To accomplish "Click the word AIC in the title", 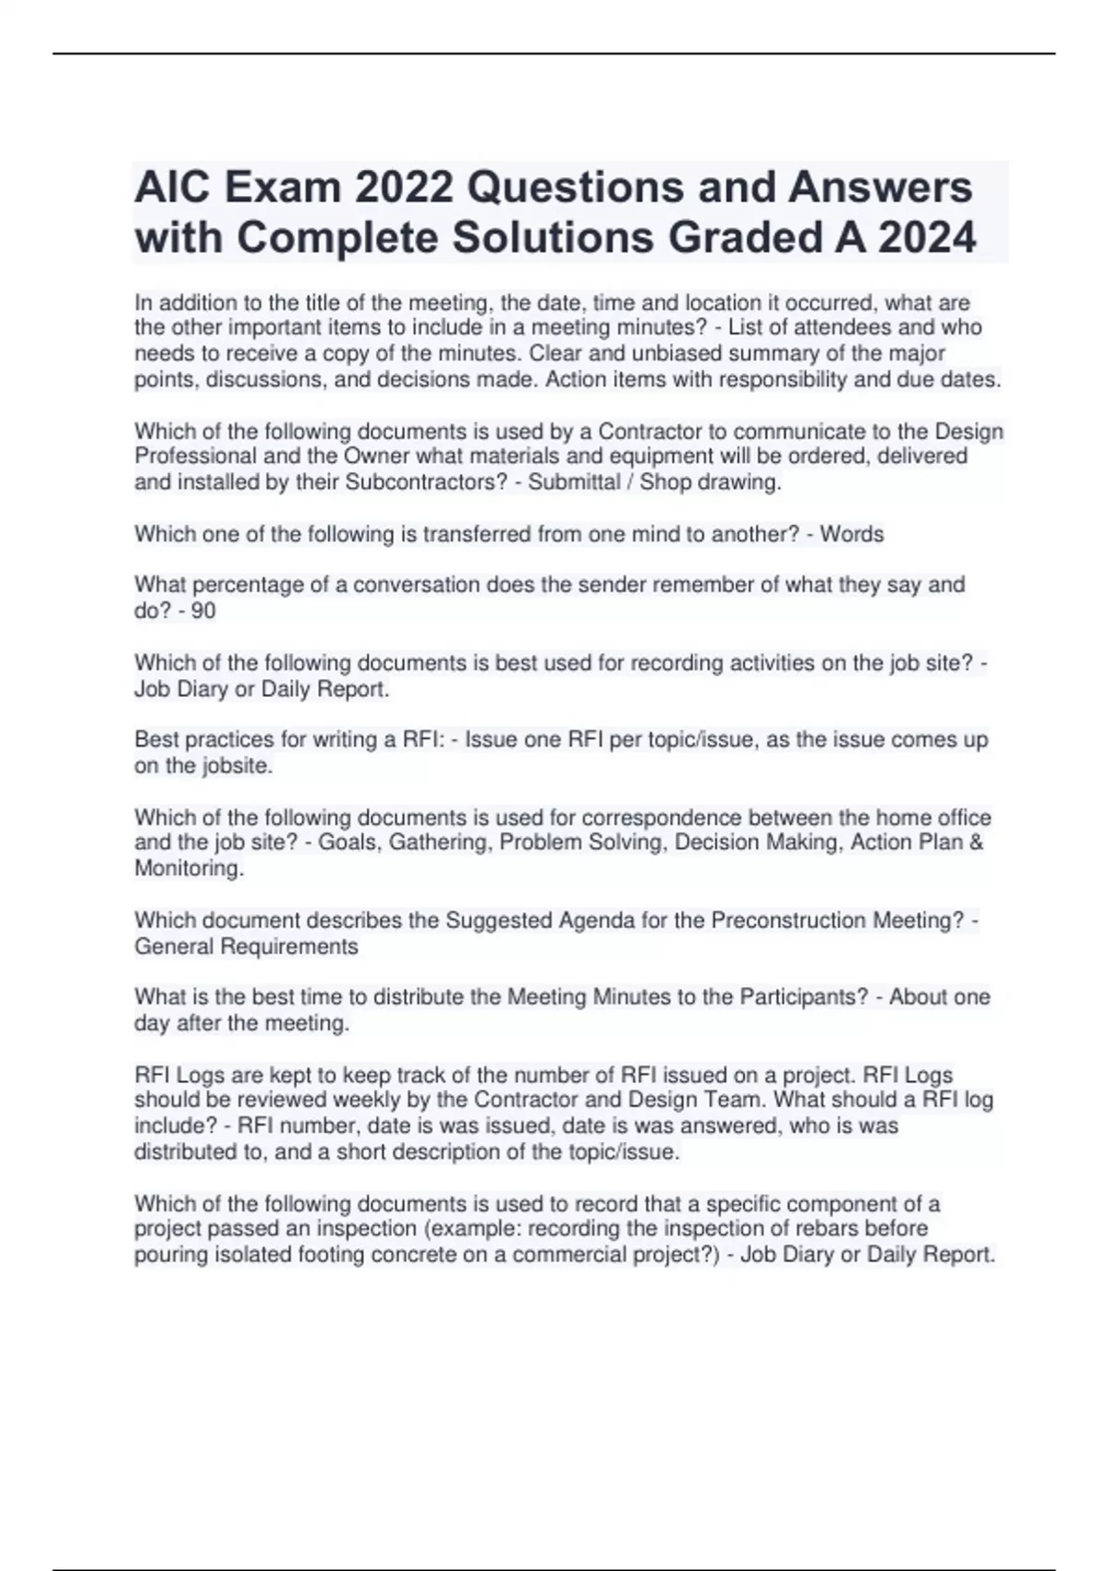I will click(x=173, y=188).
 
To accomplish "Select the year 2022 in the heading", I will click(x=403, y=188).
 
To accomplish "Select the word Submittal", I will click(x=574, y=482).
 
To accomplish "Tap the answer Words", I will click(x=852, y=534).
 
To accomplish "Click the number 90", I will click(x=203, y=611).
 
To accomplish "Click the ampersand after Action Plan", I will click(x=977, y=843).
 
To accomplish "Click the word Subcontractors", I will click(x=423, y=482).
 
